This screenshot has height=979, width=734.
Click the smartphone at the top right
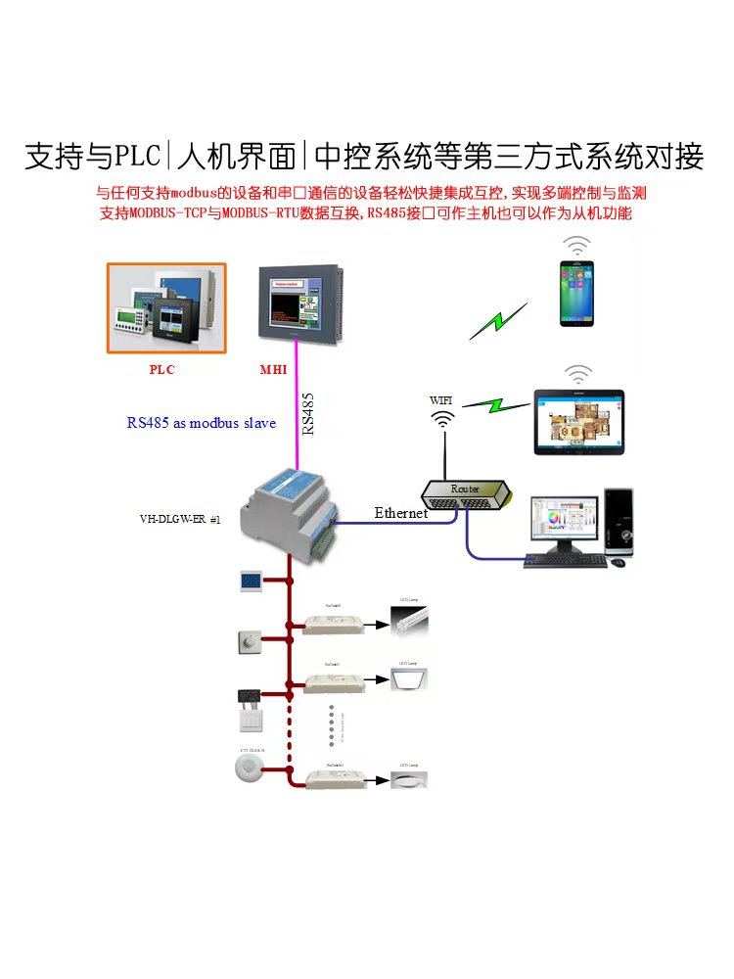click(x=577, y=294)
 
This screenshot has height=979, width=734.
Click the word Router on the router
click(x=464, y=488)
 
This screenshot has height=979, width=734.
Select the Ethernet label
click(x=401, y=512)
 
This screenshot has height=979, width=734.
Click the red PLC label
click(x=162, y=370)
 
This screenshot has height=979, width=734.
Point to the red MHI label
click(x=273, y=370)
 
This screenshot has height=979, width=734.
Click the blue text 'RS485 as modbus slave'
click(x=202, y=423)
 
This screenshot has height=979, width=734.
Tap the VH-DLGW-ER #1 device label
click(x=180, y=520)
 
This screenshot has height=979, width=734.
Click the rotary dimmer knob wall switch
click(x=247, y=641)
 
